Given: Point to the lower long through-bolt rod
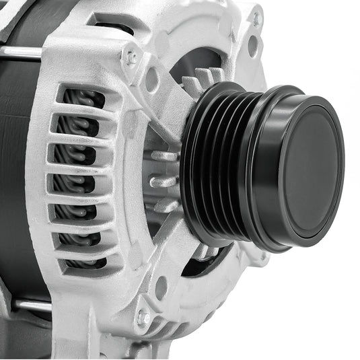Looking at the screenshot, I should point(27,304).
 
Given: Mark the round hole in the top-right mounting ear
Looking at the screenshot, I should point(253,46).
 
